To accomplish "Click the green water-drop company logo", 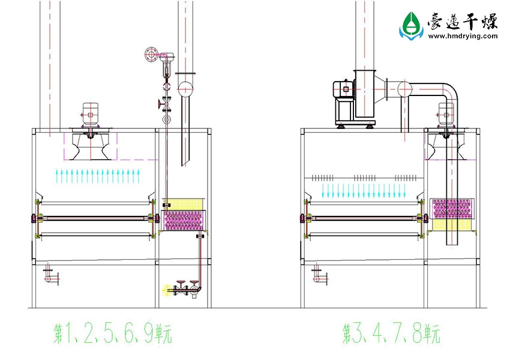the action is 411,26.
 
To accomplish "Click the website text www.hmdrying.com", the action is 463,36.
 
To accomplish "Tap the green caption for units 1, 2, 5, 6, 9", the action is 113,334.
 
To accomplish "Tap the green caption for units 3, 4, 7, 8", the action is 391,334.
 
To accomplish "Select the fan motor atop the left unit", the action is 90,114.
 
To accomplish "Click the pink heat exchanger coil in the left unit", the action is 184,220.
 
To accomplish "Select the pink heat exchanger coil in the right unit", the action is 451,208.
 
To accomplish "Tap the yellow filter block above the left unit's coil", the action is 183,205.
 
